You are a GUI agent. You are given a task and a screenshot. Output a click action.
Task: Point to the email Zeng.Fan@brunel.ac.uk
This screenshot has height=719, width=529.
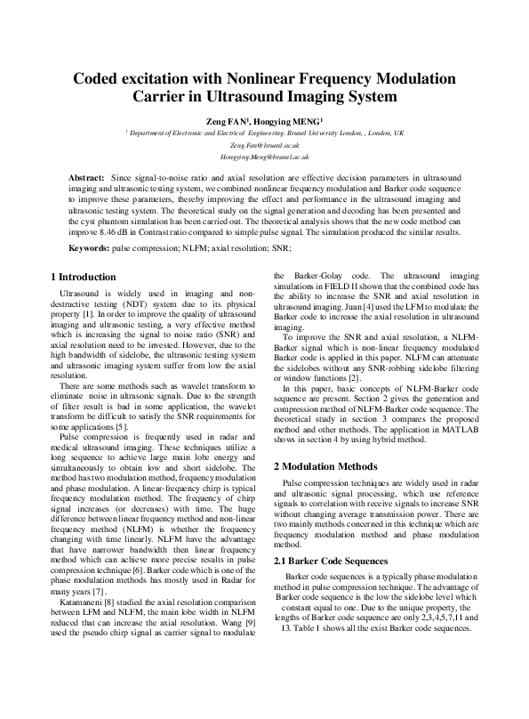tap(264, 144)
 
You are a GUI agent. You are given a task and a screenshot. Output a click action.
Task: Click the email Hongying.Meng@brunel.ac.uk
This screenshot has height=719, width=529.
tap(264, 156)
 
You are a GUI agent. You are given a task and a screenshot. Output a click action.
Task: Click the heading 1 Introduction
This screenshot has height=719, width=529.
tap(84, 277)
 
